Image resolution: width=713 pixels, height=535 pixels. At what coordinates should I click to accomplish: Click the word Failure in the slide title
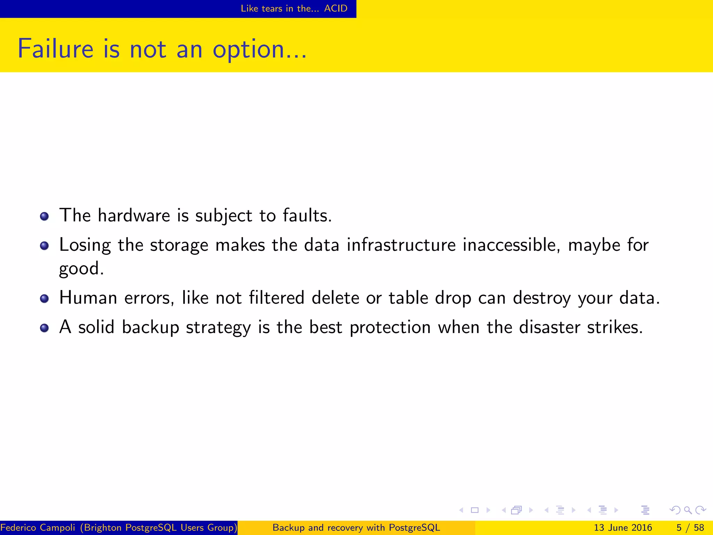(x=55, y=49)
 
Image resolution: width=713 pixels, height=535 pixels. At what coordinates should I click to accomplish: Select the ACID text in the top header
(x=336, y=8)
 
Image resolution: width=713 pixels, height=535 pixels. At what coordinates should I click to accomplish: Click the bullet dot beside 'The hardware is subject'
(x=44, y=216)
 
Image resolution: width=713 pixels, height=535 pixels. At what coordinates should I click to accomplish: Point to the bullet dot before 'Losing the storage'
(x=44, y=246)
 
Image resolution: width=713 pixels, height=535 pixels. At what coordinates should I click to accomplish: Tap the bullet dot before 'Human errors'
(x=44, y=298)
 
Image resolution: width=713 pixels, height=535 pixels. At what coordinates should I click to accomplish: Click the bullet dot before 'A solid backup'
(x=44, y=328)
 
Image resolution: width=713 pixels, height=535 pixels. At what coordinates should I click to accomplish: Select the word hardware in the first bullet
(x=134, y=215)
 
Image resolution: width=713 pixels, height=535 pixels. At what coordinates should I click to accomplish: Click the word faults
(x=307, y=215)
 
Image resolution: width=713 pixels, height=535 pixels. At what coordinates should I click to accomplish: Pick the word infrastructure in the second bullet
(x=401, y=245)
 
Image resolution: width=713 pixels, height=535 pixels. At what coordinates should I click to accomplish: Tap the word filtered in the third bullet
(x=277, y=298)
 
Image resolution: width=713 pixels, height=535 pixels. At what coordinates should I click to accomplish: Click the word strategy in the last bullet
(x=218, y=328)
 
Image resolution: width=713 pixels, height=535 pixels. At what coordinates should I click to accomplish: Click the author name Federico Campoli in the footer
(x=38, y=528)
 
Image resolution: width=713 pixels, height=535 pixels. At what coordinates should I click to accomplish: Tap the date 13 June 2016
(x=623, y=528)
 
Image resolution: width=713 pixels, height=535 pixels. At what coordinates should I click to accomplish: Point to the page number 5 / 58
(x=690, y=528)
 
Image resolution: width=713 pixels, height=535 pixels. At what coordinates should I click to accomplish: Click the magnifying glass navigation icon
(x=688, y=510)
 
